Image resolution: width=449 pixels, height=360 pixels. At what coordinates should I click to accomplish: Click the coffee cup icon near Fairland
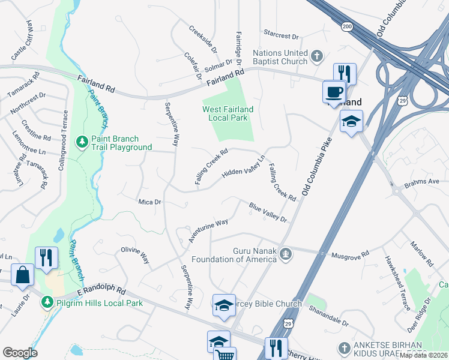[x=334, y=92]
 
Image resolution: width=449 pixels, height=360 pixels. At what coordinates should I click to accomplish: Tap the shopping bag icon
[x=22, y=275]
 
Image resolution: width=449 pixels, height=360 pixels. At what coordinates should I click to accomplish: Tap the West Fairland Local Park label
[x=228, y=113]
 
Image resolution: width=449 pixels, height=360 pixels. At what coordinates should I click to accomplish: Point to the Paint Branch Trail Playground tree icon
[x=81, y=142]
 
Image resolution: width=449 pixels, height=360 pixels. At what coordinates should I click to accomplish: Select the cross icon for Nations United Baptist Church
[x=317, y=58]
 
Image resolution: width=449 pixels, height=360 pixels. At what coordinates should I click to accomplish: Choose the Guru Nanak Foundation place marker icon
[x=287, y=254]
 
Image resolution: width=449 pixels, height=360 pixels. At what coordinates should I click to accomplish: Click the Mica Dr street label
[x=149, y=202]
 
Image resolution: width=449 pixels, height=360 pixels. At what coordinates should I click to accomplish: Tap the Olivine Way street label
[x=135, y=254]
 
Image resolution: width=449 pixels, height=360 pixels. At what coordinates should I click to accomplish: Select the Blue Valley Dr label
[x=268, y=211]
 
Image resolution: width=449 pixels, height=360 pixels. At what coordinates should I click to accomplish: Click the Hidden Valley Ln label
[x=243, y=167]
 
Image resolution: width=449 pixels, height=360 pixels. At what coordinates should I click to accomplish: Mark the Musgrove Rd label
[x=349, y=255]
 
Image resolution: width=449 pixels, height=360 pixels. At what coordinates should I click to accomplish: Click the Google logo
[x=20, y=353]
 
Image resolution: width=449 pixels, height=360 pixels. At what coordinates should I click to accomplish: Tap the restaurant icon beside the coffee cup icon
[x=345, y=74]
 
